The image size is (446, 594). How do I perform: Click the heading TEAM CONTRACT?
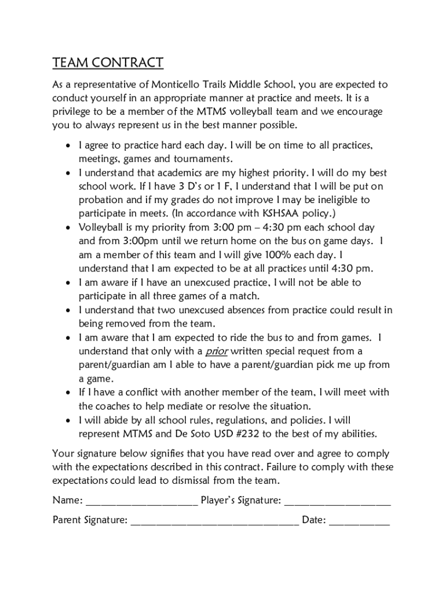[x=108, y=63]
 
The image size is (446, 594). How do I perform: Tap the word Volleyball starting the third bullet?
[x=102, y=227]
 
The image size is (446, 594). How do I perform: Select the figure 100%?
[x=280, y=255]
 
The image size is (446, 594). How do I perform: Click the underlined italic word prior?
[x=217, y=352]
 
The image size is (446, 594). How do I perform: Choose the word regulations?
[x=255, y=420]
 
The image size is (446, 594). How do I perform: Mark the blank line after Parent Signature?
[x=214, y=522]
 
